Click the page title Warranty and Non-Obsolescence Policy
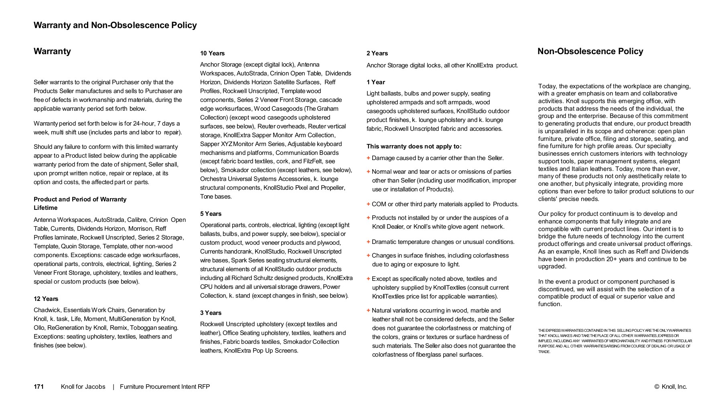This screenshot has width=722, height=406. point(115,25)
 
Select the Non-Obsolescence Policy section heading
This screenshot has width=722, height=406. point(590,51)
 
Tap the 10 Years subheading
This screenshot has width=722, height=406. point(212,53)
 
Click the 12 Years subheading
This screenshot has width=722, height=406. point(46,299)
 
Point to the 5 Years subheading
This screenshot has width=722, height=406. point(211,214)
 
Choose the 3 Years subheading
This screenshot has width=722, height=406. point(211,313)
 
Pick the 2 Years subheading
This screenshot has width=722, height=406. point(377,53)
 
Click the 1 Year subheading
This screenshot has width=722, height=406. point(375,82)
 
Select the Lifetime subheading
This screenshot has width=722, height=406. point(45,208)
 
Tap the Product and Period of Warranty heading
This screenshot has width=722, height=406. point(80,199)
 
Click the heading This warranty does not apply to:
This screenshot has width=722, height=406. point(414,146)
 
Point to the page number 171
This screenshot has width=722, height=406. point(39,387)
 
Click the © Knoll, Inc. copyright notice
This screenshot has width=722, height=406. point(671,387)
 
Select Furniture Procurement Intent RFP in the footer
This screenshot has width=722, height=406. point(165,387)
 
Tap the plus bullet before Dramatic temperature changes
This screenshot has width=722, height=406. point(368,242)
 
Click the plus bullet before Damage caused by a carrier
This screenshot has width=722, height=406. point(368,158)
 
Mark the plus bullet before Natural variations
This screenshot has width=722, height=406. point(368,311)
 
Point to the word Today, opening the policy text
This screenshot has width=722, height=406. point(548,86)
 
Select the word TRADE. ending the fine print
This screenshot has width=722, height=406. point(544,352)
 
